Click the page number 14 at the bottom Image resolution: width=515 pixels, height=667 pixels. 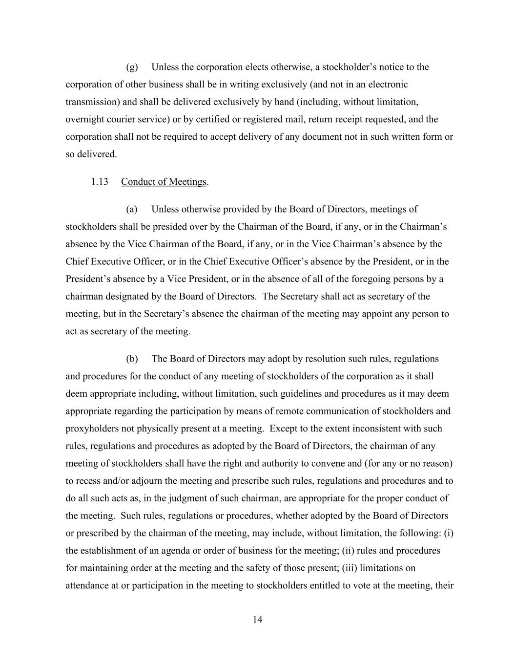258,620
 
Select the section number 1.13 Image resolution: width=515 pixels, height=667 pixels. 99,182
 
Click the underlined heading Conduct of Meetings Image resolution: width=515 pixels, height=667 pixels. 164,182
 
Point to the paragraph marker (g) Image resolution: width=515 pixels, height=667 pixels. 132,67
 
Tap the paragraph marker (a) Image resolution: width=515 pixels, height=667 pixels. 132,209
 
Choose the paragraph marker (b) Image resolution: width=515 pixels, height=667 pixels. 132,359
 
